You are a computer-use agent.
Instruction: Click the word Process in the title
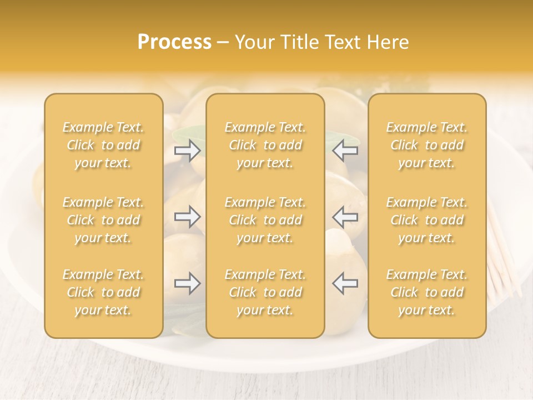[174, 42]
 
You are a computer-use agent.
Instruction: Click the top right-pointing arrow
[188, 151]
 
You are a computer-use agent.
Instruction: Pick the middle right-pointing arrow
[188, 217]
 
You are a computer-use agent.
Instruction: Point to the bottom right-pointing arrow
[188, 284]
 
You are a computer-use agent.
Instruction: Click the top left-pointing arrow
[345, 151]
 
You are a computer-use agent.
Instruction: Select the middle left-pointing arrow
[345, 217]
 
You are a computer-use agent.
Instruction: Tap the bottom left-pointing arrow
[345, 284]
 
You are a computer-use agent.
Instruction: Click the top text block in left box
[103, 145]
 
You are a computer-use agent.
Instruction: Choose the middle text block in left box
[103, 220]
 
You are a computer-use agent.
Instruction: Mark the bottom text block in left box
[103, 292]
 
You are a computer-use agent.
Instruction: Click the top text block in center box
[265, 145]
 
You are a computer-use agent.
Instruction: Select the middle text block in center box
[265, 220]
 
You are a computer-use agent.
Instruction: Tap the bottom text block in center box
[265, 292]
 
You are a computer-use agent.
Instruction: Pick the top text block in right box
[427, 145]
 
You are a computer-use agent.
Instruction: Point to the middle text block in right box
[427, 220]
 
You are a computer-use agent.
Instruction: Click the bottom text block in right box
[427, 292]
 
